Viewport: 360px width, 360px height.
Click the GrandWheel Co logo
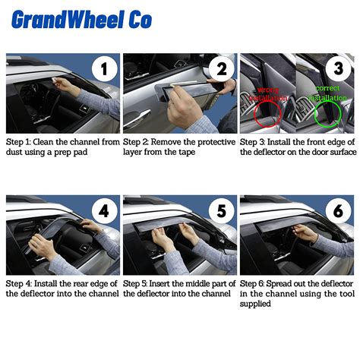coord(81,19)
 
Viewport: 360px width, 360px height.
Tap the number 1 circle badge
coord(104,68)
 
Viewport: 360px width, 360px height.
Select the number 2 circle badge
coord(222,68)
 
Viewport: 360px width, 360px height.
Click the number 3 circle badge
coord(338,68)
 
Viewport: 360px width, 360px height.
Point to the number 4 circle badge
coord(104,210)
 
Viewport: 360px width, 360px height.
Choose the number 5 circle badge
coord(222,210)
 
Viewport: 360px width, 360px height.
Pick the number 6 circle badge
coord(338,210)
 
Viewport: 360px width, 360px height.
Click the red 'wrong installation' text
coord(268,94)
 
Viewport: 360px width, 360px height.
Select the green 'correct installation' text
coord(327,93)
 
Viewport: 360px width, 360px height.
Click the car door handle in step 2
coord(137,118)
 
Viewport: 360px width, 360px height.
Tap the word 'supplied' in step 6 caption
coord(255,304)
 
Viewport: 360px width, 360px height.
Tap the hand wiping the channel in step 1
coord(64,85)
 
